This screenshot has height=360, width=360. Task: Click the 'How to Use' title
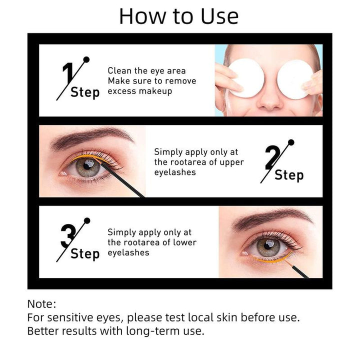tap(179, 16)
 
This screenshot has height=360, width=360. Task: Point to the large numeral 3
tap(68, 236)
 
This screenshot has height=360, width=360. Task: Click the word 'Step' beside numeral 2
tap(289, 175)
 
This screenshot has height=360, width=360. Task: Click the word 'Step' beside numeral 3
tap(85, 253)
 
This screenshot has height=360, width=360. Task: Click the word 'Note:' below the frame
tap(41, 304)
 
